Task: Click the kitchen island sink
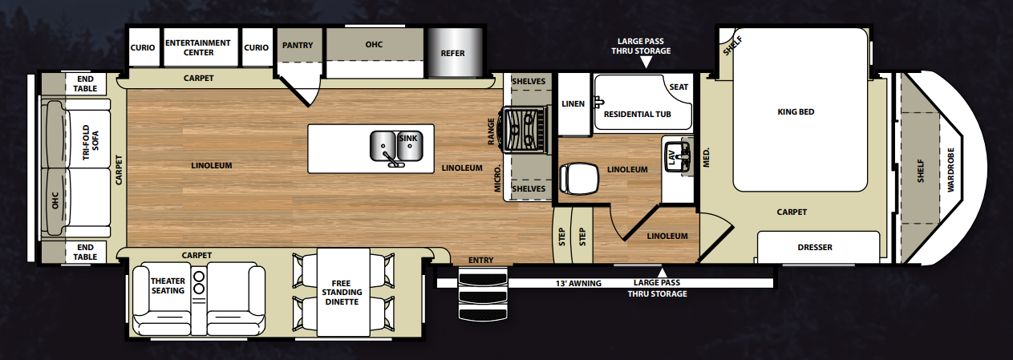(396, 147)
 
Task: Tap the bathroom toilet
(579, 179)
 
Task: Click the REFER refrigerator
(455, 52)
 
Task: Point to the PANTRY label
(298, 45)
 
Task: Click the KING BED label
(796, 111)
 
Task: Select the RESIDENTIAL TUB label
(637, 115)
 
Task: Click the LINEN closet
(574, 103)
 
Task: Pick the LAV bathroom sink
(678, 157)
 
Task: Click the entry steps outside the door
(483, 294)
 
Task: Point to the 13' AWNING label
(578, 284)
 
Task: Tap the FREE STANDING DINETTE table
(343, 292)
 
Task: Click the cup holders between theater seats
(199, 282)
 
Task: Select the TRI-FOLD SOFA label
(90, 143)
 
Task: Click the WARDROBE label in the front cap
(950, 170)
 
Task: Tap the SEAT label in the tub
(679, 87)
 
